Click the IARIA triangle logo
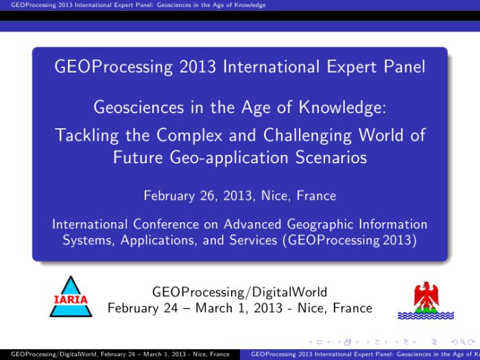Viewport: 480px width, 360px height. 71,296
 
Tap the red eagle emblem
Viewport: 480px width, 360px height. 426,296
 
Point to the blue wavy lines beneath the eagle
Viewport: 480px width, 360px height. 426,315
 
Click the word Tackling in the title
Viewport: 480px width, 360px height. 87,135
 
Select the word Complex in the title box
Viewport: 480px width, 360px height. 189,134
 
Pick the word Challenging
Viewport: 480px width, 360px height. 307,135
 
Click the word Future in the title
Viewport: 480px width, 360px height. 138,157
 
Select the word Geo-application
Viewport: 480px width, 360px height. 228,158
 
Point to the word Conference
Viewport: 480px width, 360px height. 166,224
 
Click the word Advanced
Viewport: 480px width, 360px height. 252,224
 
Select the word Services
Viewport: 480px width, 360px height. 254,240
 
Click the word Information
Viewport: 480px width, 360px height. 393,224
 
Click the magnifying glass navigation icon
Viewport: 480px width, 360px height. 463,342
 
